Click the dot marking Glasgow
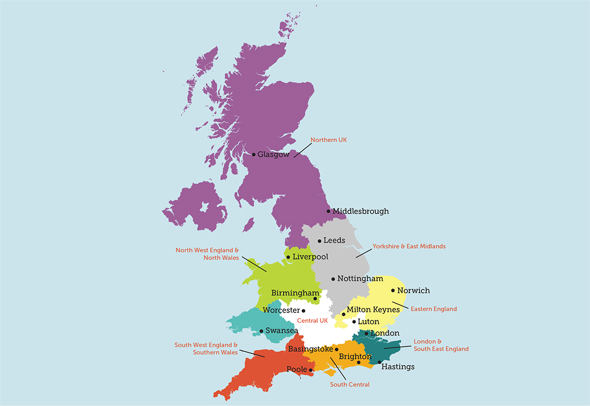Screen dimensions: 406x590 tap(254, 155)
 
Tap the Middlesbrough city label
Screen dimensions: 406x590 tap(360, 211)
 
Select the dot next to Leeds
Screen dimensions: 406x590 tap(320, 241)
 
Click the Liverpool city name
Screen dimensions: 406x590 tap(310, 257)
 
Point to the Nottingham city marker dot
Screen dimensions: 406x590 tap(333, 279)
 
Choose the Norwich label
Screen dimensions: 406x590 tap(413, 290)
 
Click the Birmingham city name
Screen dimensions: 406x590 tap(292, 293)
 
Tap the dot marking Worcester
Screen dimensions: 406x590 tap(303, 311)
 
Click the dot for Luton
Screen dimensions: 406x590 tap(354, 322)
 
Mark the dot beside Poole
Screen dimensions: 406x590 tap(311, 370)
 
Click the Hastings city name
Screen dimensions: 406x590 tap(398, 367)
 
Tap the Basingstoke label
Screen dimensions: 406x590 tap(309, 349)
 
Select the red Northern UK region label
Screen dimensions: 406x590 tap(328, 140)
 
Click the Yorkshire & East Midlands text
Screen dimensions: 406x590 tap(409, 246)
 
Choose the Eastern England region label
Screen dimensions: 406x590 tap(433, 309)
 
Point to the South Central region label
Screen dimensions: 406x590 tap(350, 384)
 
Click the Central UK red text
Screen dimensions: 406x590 tap(312, 321)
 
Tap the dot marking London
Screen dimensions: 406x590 tap(366, 334)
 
